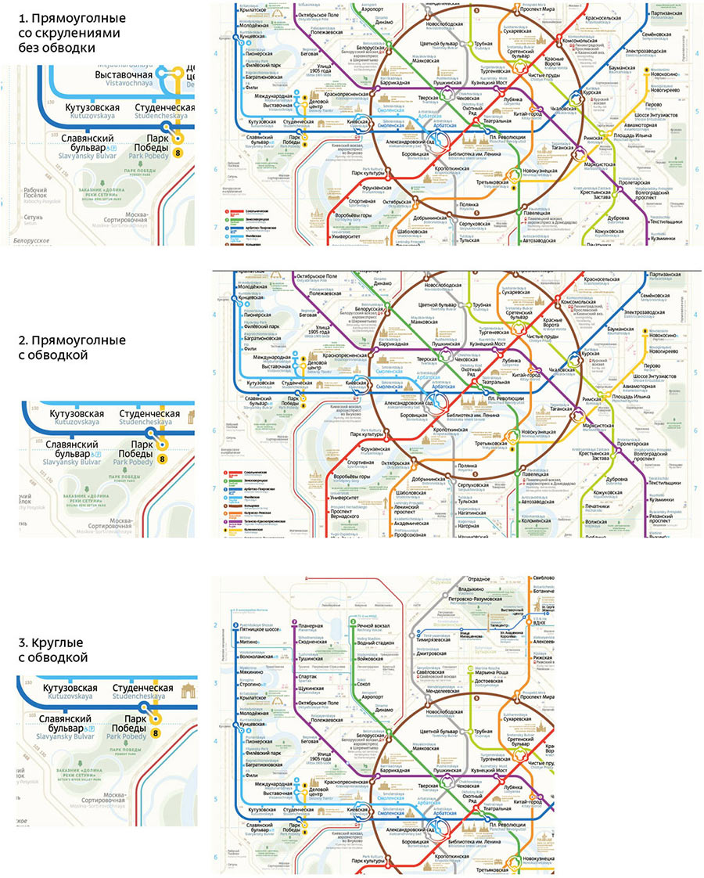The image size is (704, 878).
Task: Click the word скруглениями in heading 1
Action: [65, 32]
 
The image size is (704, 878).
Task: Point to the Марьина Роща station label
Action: [494, 671]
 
